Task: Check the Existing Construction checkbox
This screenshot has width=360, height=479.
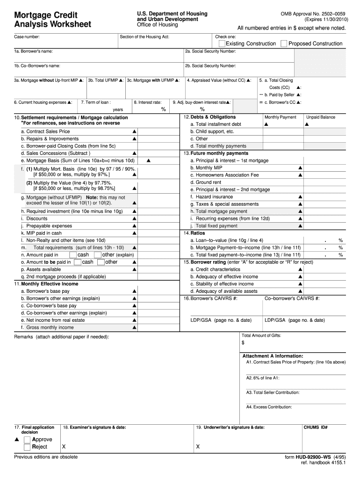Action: click(222, 44)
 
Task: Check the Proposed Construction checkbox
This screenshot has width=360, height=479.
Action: click(284, 44)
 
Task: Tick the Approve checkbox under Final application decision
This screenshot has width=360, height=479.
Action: click(27, 440)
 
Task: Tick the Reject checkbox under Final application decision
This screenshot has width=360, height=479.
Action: click(27, 447)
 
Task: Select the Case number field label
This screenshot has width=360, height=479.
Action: click(27, 36)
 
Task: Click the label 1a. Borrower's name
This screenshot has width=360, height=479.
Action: click(33, 51)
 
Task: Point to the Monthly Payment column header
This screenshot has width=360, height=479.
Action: click(280, 117)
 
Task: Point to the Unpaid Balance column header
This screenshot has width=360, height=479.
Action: click(321, 117)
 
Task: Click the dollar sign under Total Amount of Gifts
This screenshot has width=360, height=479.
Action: click(243, 343)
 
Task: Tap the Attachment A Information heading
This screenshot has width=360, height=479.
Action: click(273, 356)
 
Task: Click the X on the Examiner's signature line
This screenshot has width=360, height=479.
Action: click(64, 447)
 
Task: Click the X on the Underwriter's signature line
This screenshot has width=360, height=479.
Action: click(198, 447)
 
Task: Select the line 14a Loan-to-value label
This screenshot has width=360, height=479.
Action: click(226, 240)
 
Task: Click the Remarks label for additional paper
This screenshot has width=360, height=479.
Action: click(62, 337)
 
